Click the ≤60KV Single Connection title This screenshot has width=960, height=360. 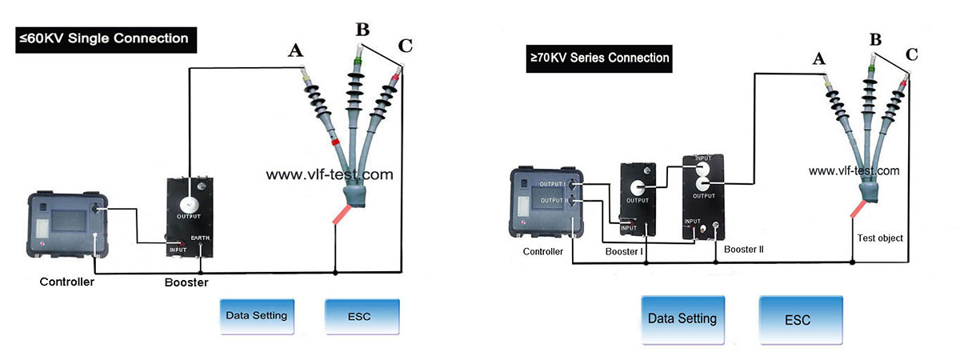tap(103, 38)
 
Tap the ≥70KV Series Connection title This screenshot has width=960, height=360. tap(598, 58)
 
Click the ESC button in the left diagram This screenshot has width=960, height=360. tap(361, 316)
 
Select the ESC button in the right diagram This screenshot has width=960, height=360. tap(798, 319)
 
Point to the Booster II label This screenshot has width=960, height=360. tap(744, 250)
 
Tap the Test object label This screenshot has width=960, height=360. tap(879, 238)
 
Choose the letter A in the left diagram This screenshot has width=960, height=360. tap(295, 51)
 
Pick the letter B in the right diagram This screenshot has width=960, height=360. tap(875, 39)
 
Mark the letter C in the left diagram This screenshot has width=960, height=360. tap(405, 46)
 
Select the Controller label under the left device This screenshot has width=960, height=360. tap(67, 282)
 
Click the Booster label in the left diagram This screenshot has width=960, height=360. tap(186, 283)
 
